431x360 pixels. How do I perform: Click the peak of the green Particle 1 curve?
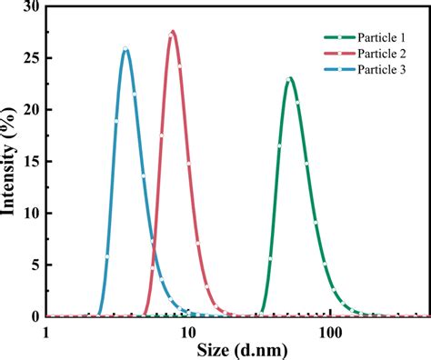pos(289,78)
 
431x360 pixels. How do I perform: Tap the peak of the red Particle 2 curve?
pos(172,32)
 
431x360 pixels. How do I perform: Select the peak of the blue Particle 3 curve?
pos(125,48)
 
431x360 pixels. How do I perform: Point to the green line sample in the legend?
pos(340,37)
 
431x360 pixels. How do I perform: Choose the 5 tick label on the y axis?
pos(34,265)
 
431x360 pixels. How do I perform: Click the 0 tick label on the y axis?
pos(34,317)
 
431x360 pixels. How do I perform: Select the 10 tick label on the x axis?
pos(188,333)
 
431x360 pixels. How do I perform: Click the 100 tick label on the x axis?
pos(329,333)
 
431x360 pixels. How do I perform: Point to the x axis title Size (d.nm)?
pos(238,350)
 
